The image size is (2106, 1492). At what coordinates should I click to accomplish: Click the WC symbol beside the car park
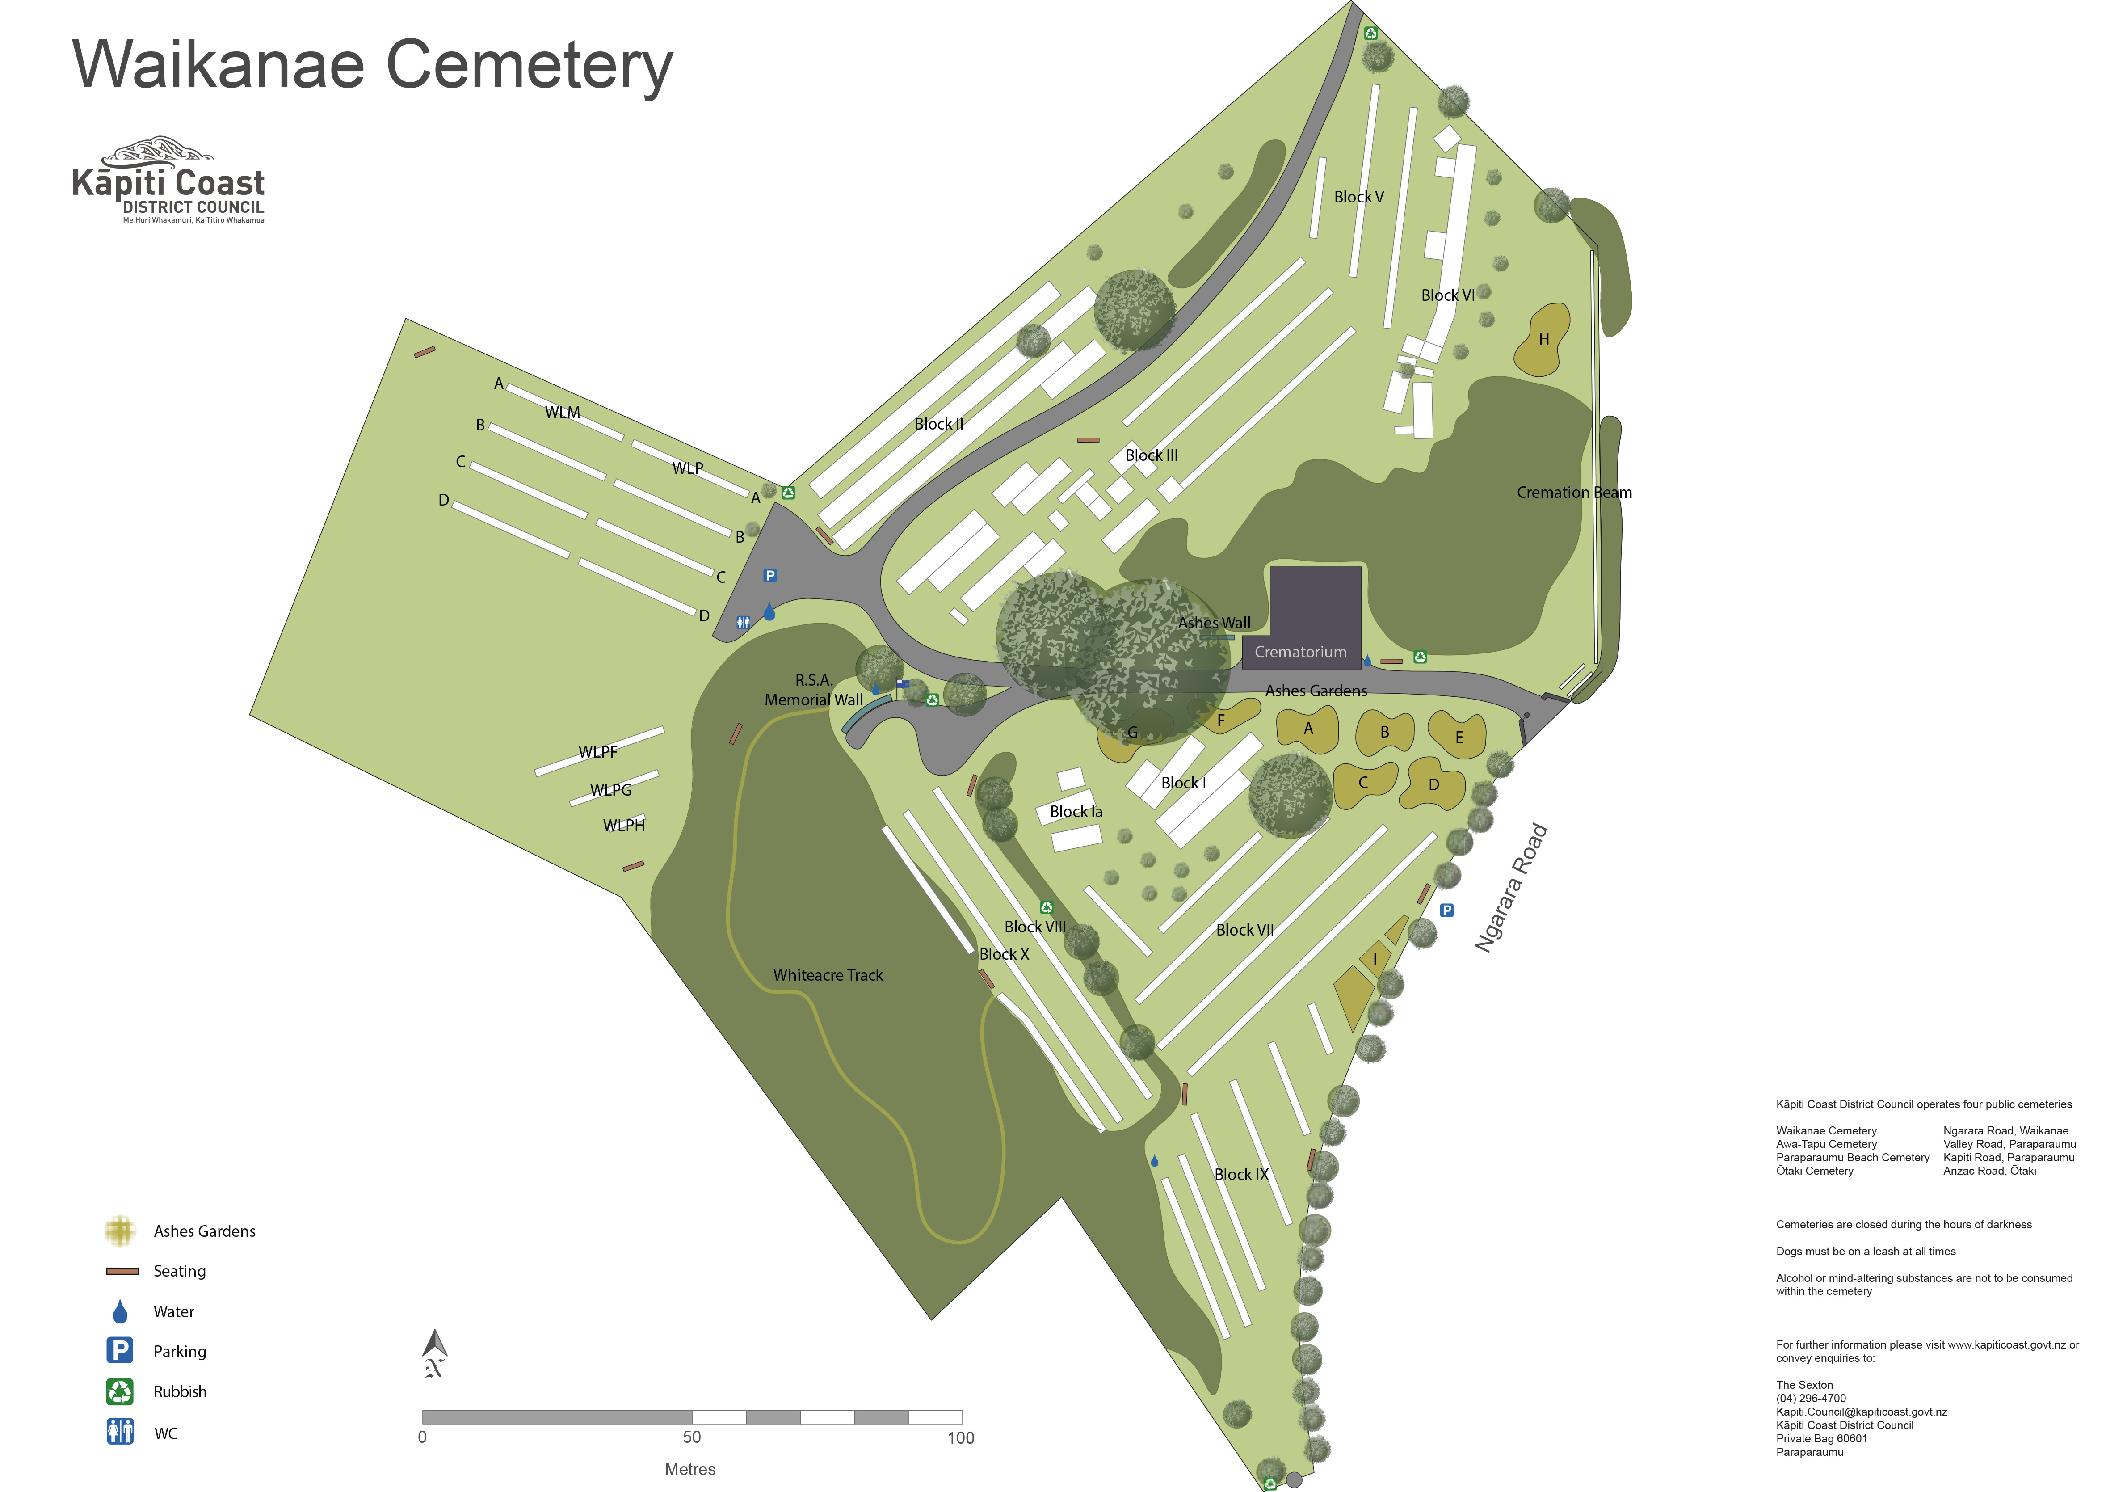click(x=743, y=623)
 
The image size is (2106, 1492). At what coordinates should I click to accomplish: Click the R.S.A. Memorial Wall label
click(x=814, y=690)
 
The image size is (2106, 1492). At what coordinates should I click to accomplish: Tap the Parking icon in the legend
click(x=119, y=1350)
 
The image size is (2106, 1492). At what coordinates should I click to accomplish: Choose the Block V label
click(x=1358, y=198)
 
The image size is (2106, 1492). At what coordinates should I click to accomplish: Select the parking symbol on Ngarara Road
click(x=1446, y=910)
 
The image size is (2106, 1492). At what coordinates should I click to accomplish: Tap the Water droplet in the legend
click(x=119, y=1311)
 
